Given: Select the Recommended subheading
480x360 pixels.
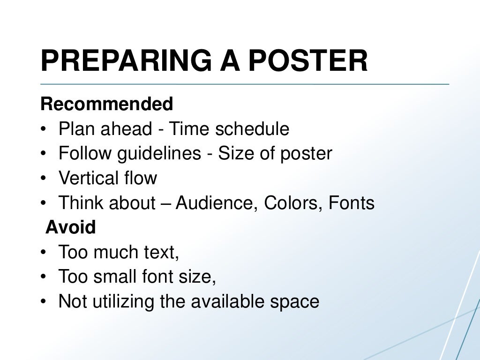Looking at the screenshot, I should (107, 104).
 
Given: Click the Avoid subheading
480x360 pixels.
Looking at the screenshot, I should (70, 228).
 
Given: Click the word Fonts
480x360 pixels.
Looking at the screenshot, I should (351, 203).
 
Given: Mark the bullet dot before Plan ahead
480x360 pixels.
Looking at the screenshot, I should (44, 129).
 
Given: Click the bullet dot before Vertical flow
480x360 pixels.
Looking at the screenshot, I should (44, 179).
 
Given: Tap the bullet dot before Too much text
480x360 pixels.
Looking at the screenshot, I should (44, 253).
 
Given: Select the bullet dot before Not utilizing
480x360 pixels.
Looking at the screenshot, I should (44, 302).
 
